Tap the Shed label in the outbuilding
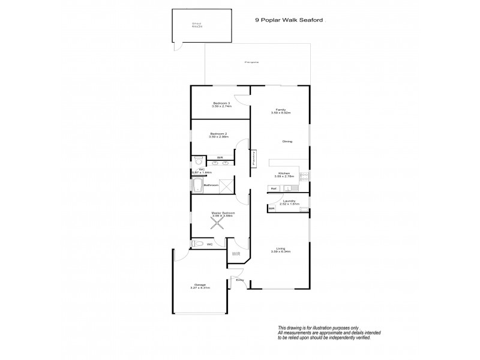[x=196, y=25]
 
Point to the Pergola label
[x=251, y=62]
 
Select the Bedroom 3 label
[x=221, y=103]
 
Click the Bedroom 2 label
[x=218, y=133]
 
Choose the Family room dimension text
[x=281, y=113]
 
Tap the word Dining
[x=287, y=141]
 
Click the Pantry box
[x=254, y=157]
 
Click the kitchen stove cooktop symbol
[x=304, y=176]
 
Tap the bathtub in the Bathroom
[x=197, y=185]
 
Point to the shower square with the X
[x=226, y=185]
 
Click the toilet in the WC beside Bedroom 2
[x=199, y=161]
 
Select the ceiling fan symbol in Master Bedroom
[x=218, y=223]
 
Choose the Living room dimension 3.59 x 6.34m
[x=281, y=251]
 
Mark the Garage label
[x=200, y=284]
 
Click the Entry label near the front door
[x=239, y=280]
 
